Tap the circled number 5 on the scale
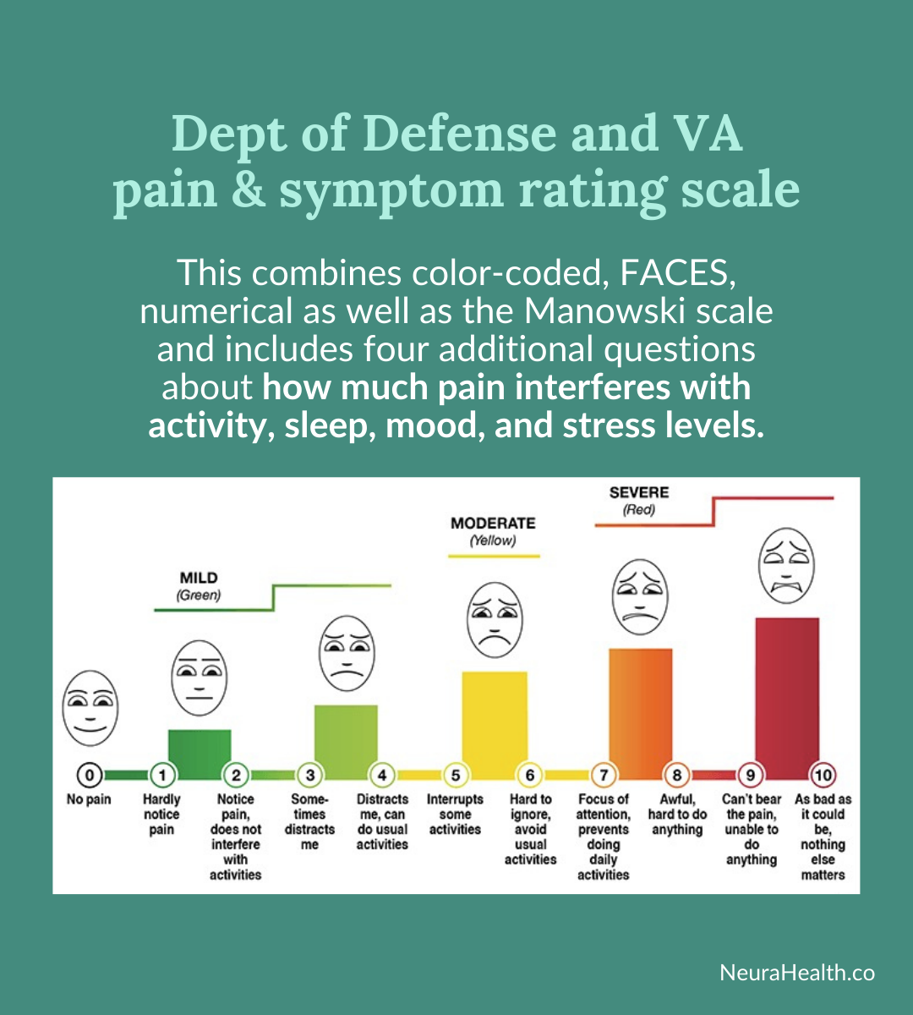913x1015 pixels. [456, 775]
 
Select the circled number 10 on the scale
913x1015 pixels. [823, 775]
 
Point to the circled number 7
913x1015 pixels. [603, 775]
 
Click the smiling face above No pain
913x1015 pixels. [90, 708]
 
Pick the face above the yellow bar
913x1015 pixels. [495, 620]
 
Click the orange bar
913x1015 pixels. [640, 710]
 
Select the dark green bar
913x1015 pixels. [200, 753]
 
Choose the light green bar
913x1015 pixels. [346, 740]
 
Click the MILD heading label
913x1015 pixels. [199, 579]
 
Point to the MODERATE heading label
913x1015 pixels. [493, 524]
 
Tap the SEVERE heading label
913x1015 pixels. [639, 492]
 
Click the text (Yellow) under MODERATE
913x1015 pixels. [493, 541]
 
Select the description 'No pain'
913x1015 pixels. [89, 799]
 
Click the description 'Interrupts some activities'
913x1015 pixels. [455, 814]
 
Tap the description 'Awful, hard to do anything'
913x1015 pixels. [676, 814]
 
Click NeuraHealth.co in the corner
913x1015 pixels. [797, 973]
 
